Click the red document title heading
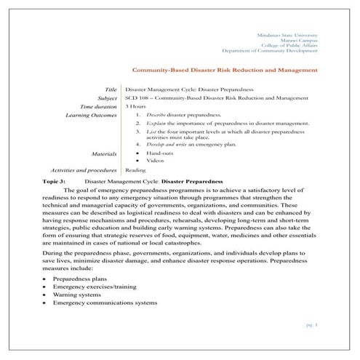[x=224, y=71]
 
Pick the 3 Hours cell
[x=136, y=106]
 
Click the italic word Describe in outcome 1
[x=156, y=116]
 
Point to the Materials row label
[x=105, y=154]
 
